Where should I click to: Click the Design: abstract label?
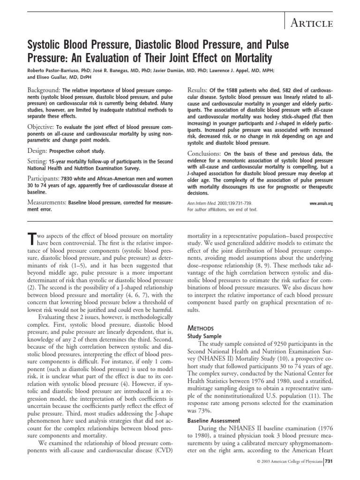click(x=34, y=151)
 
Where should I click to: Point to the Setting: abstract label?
click(x=36, y=162)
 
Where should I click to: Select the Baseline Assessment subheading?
click(x=214, y=421)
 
